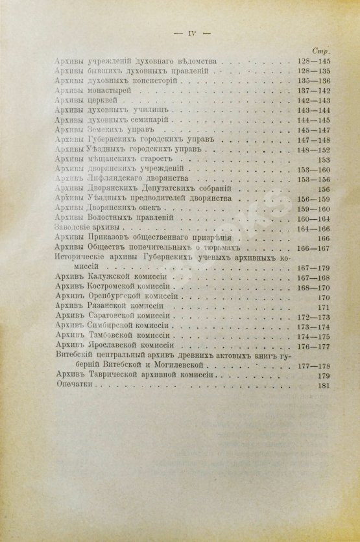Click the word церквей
tap(99, 100)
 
